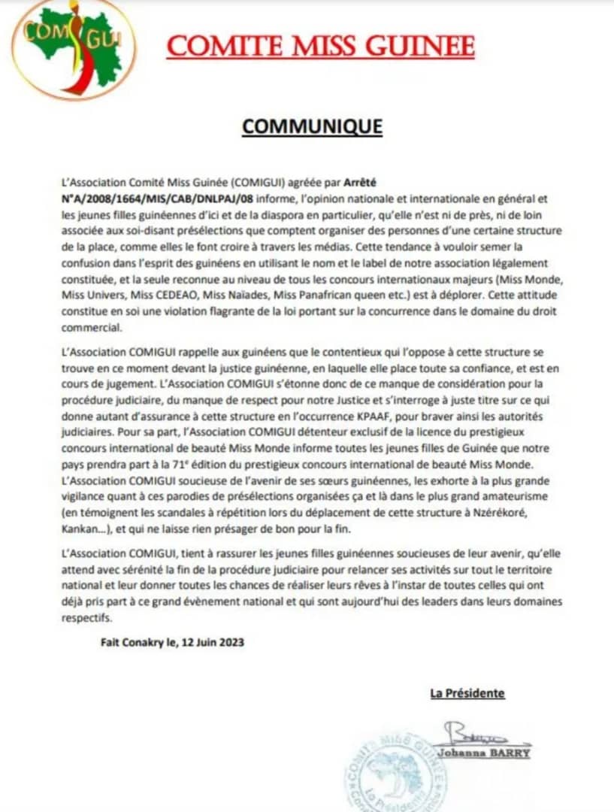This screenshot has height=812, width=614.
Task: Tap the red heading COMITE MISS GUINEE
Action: [x=321, y=47]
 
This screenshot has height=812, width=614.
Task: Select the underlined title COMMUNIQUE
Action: [x=312, y=126]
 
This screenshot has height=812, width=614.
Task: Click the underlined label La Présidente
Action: [x=467, y=693]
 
